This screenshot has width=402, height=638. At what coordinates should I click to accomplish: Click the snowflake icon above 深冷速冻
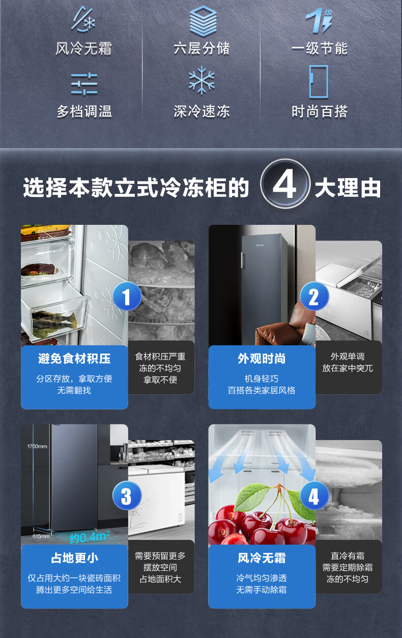[x=202, y=80]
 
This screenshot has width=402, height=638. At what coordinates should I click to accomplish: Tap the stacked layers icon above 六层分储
[x=203, y=21]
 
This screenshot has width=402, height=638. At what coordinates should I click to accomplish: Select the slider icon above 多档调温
[x=84, y=84]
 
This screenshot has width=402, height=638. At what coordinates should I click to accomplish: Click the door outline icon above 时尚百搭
[x=319, y=81]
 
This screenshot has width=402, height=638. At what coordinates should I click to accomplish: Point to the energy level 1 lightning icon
[x=319, y=20]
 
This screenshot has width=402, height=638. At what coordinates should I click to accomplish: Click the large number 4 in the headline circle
[x=284, y=184]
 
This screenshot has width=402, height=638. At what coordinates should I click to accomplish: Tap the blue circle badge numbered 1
[x=127, y=296]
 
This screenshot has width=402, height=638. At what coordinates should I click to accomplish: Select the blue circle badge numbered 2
[x=314, y=296]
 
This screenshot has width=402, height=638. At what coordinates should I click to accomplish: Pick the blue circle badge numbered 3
[x=127, y=496]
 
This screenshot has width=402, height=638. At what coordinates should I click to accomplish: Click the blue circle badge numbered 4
[x=314, y=496]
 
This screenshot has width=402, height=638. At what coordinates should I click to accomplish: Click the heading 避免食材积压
[x=74, y=358]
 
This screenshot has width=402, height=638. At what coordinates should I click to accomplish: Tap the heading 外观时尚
[x=262, y=358]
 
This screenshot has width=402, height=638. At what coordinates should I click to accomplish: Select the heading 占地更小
[x=74, y=558]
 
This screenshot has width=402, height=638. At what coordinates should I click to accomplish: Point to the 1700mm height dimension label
[x=37, y=446]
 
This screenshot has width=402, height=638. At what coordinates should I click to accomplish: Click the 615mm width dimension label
[x=41, y=536]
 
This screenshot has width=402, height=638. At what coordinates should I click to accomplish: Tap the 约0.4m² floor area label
[x=90, y=537]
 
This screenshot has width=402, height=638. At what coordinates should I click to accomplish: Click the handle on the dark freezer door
[x=242, y=260]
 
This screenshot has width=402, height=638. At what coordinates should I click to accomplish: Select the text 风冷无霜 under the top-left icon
[x=83, y=48]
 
